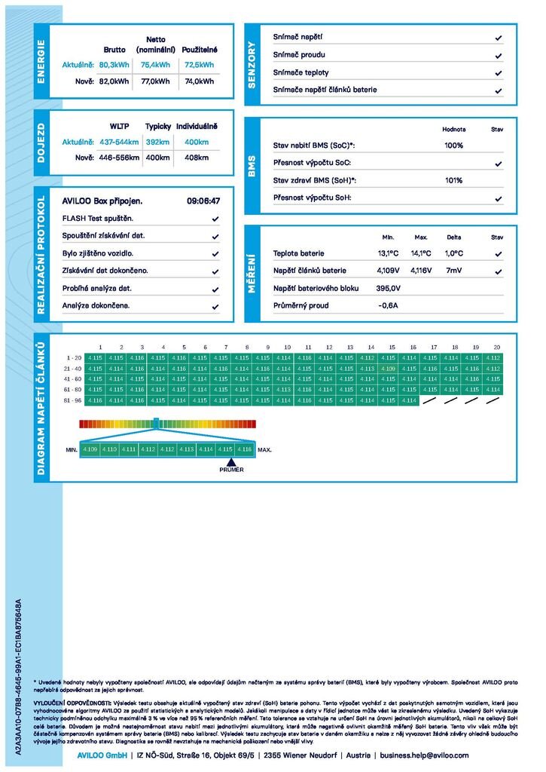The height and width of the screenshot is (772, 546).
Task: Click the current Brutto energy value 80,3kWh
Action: point(114,66)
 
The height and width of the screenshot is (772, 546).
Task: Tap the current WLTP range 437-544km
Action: point(120,142)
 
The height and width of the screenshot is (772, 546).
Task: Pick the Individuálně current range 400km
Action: point(197,142)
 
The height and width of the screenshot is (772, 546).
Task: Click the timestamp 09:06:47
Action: point(203,201)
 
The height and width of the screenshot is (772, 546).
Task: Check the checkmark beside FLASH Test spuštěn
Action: point(215,219)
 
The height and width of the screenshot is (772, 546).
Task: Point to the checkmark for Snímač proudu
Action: point(499,55)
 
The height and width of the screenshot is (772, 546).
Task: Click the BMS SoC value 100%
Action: point(453,146)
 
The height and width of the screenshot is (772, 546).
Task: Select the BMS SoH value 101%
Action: point(453,181)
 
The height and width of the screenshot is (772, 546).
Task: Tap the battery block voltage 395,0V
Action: point(388,289)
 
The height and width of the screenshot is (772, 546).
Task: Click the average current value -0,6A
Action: point(388,306)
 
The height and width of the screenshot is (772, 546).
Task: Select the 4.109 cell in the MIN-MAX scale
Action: point(90,449)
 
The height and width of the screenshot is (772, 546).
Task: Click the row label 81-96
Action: point(74,400)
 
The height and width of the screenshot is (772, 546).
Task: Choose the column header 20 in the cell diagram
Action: point(496,347)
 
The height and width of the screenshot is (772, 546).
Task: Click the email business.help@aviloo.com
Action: point(424,755)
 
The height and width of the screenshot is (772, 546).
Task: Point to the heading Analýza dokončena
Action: point(96,306)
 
